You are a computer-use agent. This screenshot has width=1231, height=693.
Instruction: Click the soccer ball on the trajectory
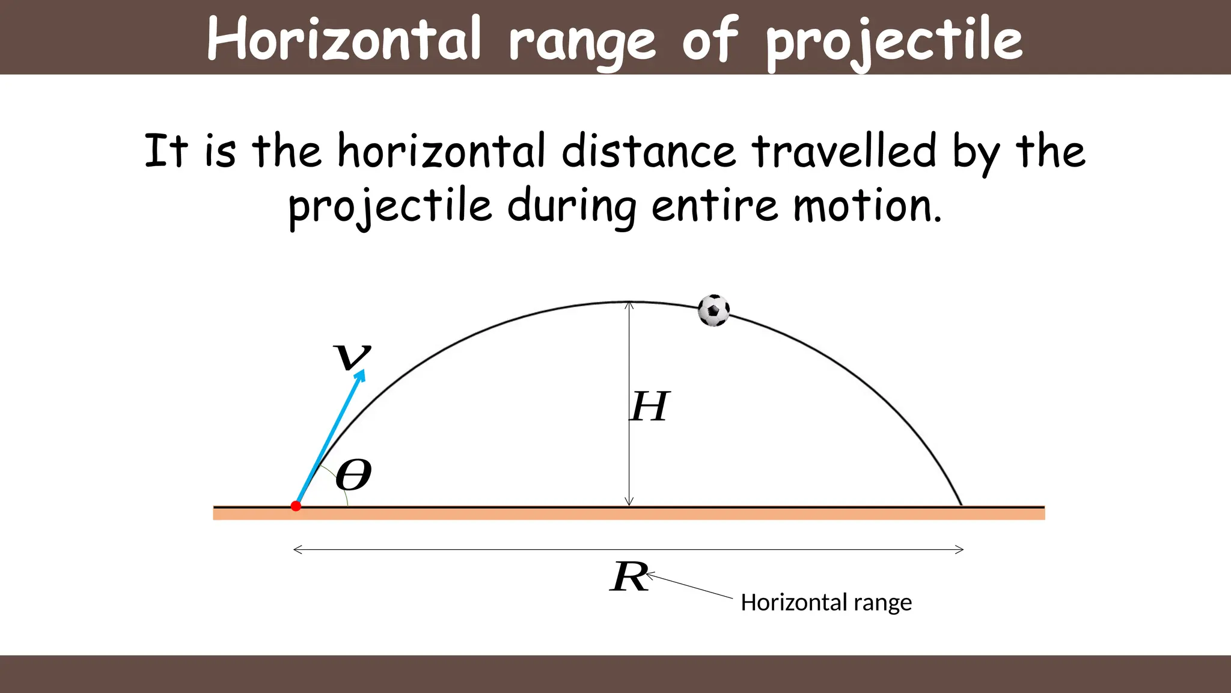(713, 310)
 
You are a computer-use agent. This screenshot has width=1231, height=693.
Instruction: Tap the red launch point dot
(296, 506)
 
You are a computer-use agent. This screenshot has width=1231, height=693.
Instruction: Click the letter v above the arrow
(352, 356)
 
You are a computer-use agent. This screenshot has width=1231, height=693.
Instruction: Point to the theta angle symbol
(353, 475)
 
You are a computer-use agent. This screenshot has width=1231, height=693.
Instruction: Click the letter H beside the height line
(649, 407)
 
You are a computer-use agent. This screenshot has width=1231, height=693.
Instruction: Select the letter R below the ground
(629, 577)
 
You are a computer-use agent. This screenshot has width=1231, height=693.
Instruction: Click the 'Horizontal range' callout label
(826, 602)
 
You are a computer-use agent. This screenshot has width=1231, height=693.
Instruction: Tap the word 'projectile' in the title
(894, 41)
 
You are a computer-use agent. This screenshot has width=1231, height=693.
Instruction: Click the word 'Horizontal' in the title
(344, 38)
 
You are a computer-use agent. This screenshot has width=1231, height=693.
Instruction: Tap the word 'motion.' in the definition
(867, 206)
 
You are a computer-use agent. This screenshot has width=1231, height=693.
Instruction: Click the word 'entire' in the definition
(715, 206)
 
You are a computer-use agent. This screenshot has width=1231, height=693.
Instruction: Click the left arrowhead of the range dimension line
(296, 549)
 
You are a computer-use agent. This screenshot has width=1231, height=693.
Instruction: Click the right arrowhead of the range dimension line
(961, 549)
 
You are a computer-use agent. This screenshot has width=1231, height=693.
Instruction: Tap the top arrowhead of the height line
(629, 305)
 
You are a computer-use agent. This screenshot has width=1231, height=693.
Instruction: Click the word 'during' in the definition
(572, 206)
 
